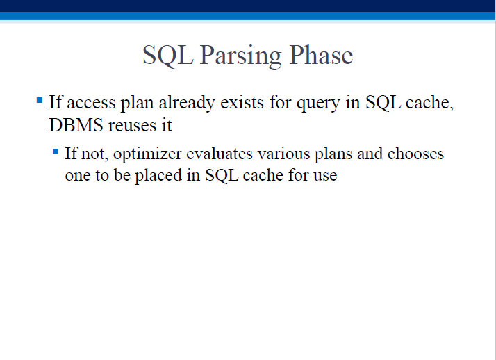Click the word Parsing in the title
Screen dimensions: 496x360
pyautogui.click(x=240, y=56)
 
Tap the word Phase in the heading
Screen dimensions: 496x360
pyautogui.click(x=321, y=55)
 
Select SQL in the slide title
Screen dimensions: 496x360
pyautogui.click(x=168, y=56)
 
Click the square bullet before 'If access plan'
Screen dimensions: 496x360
pyautogui.click(x=40, y=101)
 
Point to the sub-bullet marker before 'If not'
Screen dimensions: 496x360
pyautogui.click(x=56, y=152)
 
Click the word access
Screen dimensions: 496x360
pyautogui.click(x=91, y=103)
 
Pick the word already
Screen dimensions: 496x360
pyautogui.click(x=187, y=103)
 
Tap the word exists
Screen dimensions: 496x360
pyautogui.click(x=242, y=102)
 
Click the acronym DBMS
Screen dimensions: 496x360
pyautogui.click(x=76, y=124)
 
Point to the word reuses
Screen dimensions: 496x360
pyautogui.click(x=133, y=126)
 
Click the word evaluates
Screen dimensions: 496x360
pyautogui.click(x=220, y=154)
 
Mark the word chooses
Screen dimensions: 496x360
pyautogui.click(x=415, y=153)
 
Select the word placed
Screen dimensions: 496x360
pyautogui.click(x=158, y=176)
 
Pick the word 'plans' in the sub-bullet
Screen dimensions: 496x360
pyautogui.click(x=333, y=154)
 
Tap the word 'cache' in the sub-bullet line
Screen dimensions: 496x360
pyautogui.click(x=263, y=175)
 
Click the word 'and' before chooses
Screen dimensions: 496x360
pyautogui.click(x=370, y=154)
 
